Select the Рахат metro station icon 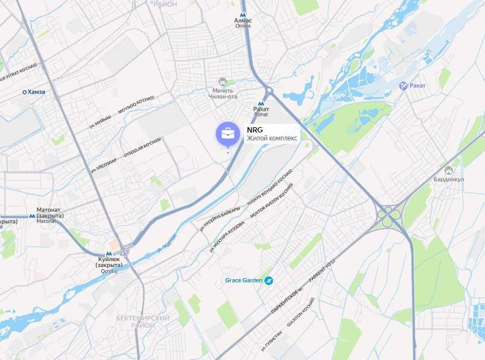261,103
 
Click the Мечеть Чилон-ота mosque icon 222,82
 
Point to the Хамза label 36,92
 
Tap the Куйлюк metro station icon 108,253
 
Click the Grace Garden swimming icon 269,280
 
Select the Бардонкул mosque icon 449,170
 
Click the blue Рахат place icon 403,86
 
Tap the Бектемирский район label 142,321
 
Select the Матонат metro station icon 33,216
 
